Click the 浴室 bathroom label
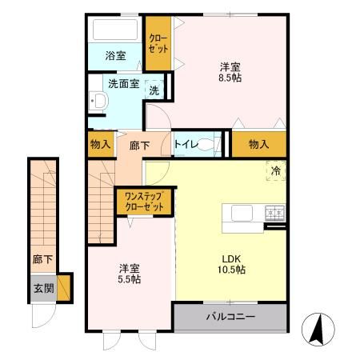(115, 56)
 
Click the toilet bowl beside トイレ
(206, 145)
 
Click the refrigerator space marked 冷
(275, 170)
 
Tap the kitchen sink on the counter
(242, 212)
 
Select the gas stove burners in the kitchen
(275, 212)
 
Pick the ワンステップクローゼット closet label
(145, 200)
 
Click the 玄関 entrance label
(43, 287)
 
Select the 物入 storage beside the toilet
(258, 144)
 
